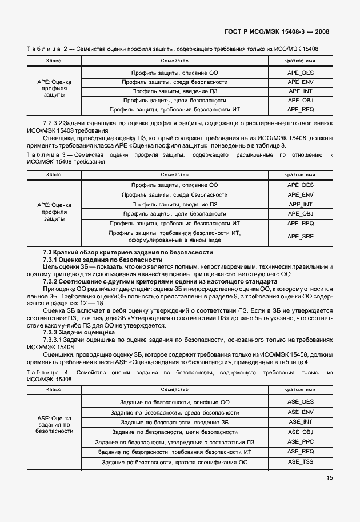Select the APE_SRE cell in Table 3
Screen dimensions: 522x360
click(x=301, y=237)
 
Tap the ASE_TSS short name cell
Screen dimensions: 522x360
click(x=301, y=461)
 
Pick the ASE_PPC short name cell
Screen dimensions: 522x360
click(x=301, y=441)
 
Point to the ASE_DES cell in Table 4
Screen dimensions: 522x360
click(x=301, y=402)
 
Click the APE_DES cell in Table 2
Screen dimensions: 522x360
click(x=301, y=73)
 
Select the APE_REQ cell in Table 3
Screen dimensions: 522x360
click(x=301, y=223)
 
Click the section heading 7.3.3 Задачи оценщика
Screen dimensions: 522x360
click(x=79, y=332)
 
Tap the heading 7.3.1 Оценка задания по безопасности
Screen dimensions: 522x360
click(x=103, y=260)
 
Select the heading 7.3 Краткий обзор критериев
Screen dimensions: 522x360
click(x=128, y=252)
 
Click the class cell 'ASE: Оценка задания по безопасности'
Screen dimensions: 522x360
click(x=54, y=425)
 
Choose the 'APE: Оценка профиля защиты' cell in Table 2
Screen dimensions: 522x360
click(x=54, y=89)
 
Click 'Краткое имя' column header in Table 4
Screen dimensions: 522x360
click(x=301, y=389)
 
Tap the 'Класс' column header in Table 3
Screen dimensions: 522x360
click(x=54, y=174)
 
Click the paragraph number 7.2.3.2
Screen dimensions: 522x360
click(x=56, y=123)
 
